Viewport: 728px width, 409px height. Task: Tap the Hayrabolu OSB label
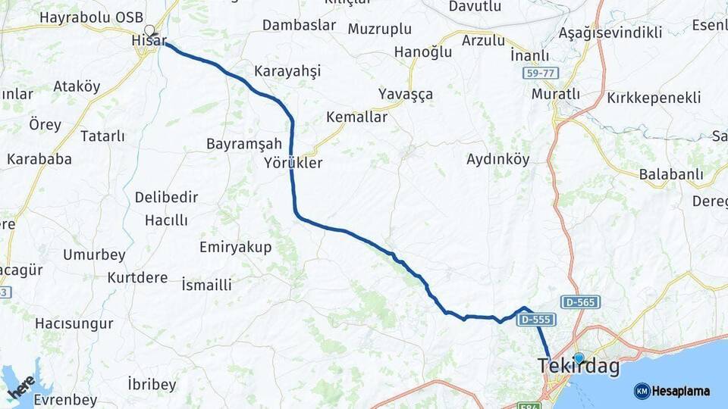[x=85, y=17]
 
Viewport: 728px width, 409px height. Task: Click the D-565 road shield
[x=580, y=302]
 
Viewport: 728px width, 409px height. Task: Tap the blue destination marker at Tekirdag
[x=579, y=357]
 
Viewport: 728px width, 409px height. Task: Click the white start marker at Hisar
[x=149, y=31]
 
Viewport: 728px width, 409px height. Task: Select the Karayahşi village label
[x=287, y=70]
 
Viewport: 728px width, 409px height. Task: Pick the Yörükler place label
[x=293, y=163]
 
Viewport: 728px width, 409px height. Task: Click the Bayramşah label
[x=244, y=144]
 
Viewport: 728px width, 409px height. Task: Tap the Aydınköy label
[x=497, y=159]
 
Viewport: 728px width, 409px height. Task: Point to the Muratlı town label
[x=555, y=94]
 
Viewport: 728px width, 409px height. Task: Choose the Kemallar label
[x=356, y=117]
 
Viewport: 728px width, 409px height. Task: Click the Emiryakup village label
[x=235, y=247]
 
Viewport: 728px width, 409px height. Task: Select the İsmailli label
[x=207, y=286]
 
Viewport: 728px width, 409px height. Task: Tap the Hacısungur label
[x=74, y=323]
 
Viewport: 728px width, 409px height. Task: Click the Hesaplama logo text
[x=680, y=391]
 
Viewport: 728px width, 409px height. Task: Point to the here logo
[x=21, y=386]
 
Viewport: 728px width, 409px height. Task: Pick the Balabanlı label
[x=671, y=174]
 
